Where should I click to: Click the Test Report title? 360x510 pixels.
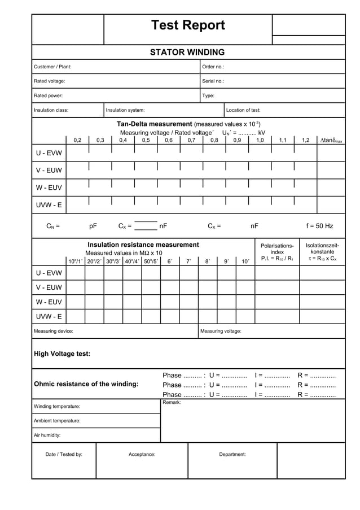coord(188,25)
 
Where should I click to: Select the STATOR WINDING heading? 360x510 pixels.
coord(187,53)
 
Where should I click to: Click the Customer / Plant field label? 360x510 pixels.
coord(52,67)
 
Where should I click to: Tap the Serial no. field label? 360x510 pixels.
coord(213,81)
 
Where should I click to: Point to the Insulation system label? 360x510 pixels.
coord(125,110)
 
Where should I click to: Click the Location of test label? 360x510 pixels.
coord(243,110)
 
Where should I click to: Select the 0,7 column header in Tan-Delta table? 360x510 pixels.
coord(191,140)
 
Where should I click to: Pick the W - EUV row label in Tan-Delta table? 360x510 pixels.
coord(49,188)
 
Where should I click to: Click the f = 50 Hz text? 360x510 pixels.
coord(319,226)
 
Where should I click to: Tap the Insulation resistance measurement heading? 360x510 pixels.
coord(143,245)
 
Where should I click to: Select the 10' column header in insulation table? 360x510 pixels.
coord(245,261)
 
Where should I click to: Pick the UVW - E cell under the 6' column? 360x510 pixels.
coord(170,316)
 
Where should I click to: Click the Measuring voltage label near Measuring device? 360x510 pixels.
coord(221,331)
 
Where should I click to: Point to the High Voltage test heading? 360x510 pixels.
coord(62,354)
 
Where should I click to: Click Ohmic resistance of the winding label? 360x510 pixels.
coord(86,384)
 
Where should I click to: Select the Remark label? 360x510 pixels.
coord(172,402)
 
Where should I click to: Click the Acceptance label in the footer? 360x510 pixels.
coord(142,454)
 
